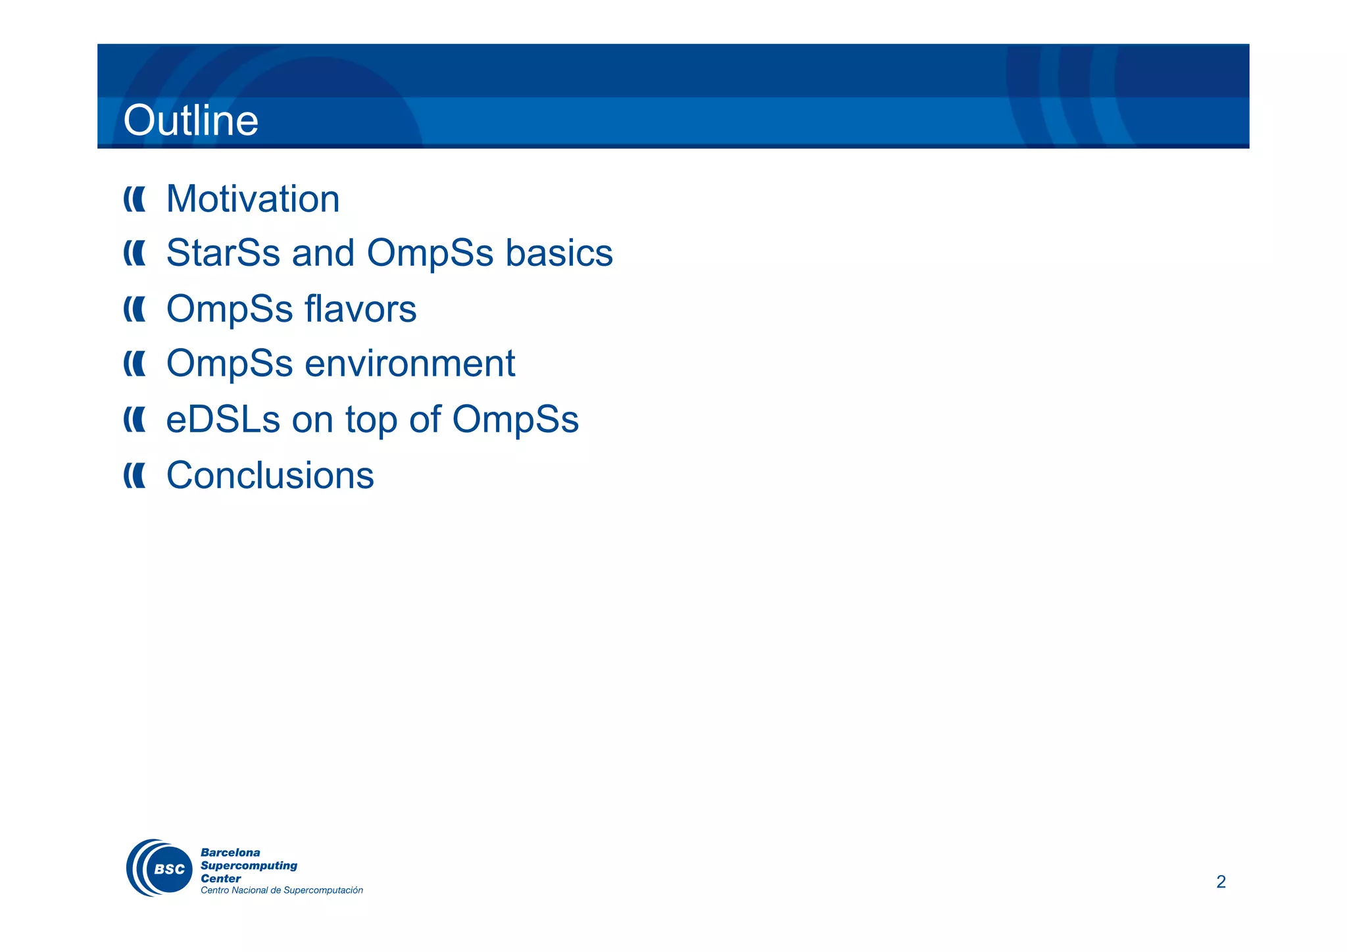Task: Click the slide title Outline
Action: pyautogui.click(x=191, y=120)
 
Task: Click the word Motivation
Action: pyautogui.click(x=253, y=199)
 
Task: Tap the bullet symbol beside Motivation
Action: pyautogui.click(x=135, y=199)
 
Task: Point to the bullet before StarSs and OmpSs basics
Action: pyautogui.click(x=135, y=253)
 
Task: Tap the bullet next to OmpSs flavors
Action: pyautogui.click(x=135, y=309)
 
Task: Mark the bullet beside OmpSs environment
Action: pyautogui.click(x=135, y=364)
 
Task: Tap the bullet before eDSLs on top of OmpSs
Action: pyautogui.click(x=135, y=420)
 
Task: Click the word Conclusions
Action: pyautogui.click(x=270, y=475)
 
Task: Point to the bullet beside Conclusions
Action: pyautogui.click(x=135, y=476)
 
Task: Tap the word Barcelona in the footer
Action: pyautogui.click(x=230, y=853)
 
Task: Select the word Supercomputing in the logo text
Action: pyautogui.click(x=249, y=866)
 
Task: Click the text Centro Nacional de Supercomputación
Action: pyautogui.click(x=282, y=890)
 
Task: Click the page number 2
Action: pyautogui.click(x=1221, y=882)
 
